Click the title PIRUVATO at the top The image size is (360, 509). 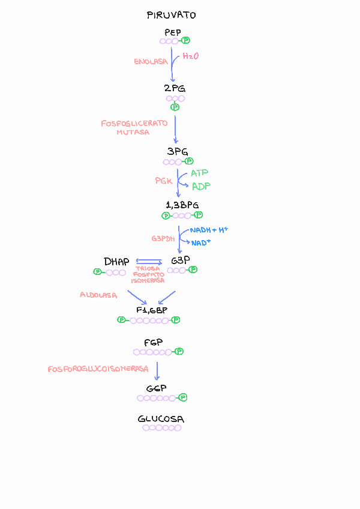click(x=171, y=15)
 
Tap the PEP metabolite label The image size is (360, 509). click(x=172, y=32)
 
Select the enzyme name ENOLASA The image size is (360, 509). click(x=151, y=61)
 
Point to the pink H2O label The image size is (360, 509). click(x=190, y=56)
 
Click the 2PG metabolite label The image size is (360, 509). click(x=175, y=88)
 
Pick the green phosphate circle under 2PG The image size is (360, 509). click(x=175, y=107)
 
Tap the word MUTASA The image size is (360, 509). click(x=133, y=132)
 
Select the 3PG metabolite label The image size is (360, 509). click(x=178, y=152)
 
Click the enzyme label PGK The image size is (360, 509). click(x=164, y=180)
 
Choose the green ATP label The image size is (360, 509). click(x=199, y=173)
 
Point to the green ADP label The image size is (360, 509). click(x=201, y=186)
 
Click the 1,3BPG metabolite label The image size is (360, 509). click(x=182, y=205)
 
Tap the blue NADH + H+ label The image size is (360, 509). click(x=209, y=230)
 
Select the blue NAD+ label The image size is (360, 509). click(x=201, y=242)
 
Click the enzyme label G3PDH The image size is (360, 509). click(x=163, y=238)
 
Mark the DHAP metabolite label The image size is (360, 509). click(x=116, y=262)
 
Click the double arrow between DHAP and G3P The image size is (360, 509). click(x=149, y=262)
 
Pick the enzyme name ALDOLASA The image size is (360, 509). click(x=98, y=295)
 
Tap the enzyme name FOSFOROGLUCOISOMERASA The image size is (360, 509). click(x=98, y=369)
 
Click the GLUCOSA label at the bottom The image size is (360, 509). click(x=161, y=419)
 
